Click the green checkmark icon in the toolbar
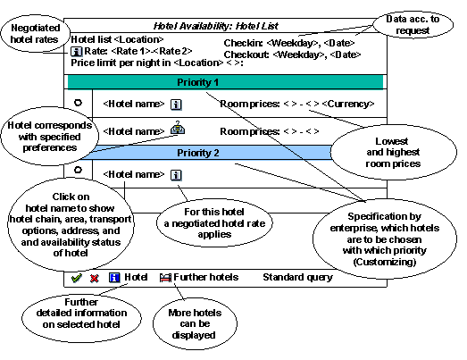77,278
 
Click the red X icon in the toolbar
94,278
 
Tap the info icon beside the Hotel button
114,278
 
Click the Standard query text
297,277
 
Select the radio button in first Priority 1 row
79,104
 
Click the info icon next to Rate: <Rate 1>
77,52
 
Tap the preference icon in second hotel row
177,130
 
